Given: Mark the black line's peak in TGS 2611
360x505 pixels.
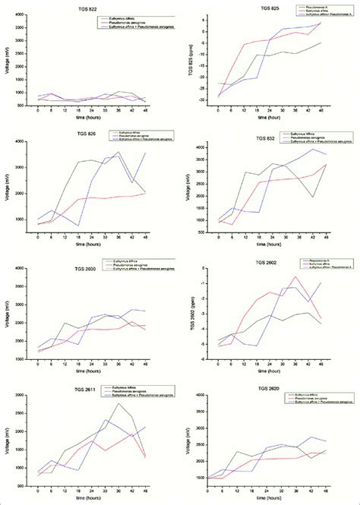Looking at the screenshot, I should tap(118, 403).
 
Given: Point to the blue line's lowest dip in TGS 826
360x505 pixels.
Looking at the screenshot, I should tap(79, 226).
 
